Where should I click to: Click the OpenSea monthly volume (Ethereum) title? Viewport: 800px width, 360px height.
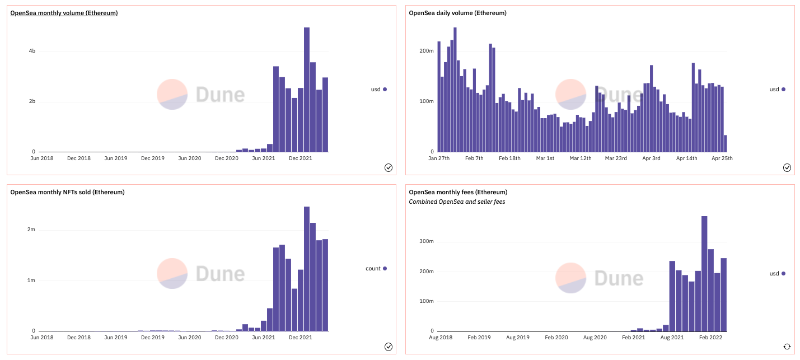64,13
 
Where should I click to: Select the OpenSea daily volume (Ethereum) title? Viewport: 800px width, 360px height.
457,13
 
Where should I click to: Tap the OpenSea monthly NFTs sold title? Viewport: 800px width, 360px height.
67,192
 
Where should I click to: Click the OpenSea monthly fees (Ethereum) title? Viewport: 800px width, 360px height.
458,192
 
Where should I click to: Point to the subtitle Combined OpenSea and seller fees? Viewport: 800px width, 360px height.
457,202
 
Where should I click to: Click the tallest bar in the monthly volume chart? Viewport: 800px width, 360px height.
307,90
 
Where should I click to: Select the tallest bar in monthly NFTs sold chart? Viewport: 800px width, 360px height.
307,269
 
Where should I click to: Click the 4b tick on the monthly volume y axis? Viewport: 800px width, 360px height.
32,51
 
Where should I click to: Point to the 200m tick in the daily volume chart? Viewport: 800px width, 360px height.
427,51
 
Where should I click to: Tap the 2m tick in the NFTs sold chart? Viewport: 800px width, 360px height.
31,230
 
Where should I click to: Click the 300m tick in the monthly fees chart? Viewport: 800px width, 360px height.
427,241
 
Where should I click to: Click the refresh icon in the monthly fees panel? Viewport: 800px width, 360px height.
787,347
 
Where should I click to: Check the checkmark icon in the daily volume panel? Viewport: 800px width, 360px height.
787,167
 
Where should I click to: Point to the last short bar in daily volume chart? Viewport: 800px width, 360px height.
725,143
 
